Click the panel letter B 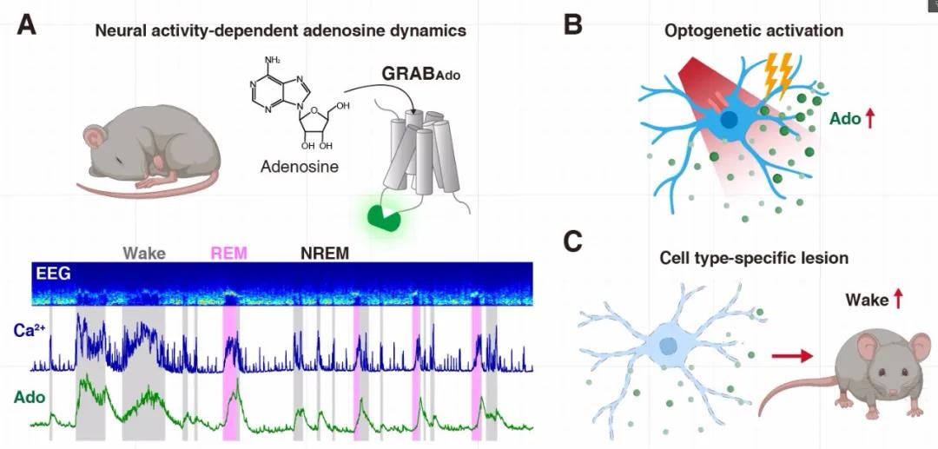(572, 25)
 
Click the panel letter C (572, 241)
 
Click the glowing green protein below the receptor (385, 217)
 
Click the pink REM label (228, 254)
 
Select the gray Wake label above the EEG (144, 254)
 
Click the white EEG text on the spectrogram (54, 274)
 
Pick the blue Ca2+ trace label (29, 331)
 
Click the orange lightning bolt (775, 76)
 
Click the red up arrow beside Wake (898, 300)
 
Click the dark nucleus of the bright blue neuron (730, 120)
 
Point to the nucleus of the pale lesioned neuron (669, 346)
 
